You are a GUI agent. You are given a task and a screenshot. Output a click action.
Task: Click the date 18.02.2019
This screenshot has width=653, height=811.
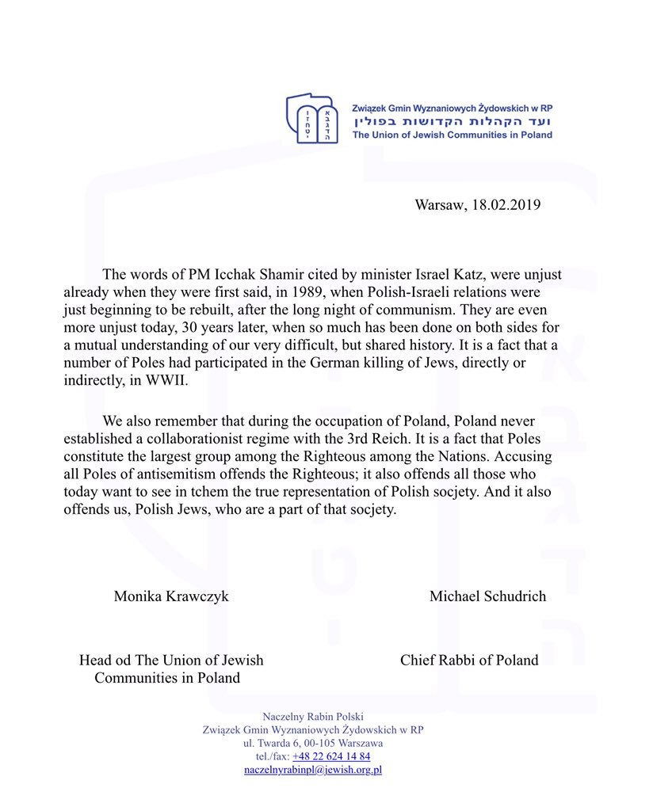(x=506, y=205)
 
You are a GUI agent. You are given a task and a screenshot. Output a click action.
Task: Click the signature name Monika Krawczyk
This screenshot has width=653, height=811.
(x=171, y=596)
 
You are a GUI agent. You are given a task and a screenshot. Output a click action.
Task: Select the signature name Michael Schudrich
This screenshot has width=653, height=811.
(x=487, y=596)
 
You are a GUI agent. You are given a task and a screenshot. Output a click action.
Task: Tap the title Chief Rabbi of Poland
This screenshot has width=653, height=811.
(x=469, y=660)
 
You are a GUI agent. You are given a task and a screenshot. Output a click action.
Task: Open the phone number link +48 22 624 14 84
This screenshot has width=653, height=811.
(x=331, y=756)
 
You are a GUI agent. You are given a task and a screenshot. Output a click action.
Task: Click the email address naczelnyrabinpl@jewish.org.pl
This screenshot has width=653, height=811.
(x=313, y=770)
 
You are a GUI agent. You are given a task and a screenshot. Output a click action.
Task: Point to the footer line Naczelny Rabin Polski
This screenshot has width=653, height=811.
(x=313, y=716)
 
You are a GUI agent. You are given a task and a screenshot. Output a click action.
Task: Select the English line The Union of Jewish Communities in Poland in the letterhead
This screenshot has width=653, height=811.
(x=453, y=135)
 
